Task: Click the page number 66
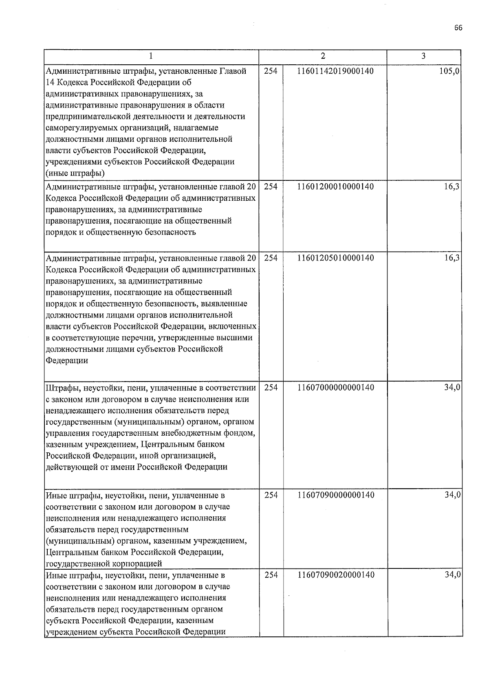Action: pos(458,28)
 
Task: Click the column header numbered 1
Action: pos(152,56)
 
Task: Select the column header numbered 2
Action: pos(323,56)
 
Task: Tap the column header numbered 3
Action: pos(423,56)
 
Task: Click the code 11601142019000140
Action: pos(336,71)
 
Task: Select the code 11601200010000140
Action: pos(336,187)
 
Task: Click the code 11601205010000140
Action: pos(336,258)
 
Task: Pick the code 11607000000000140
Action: pos(336,388)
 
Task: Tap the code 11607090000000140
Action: pos(336,495)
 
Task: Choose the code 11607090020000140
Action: pos(336,575)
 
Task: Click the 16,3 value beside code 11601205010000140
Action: pos(452,258)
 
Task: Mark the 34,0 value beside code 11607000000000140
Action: pos(452,388)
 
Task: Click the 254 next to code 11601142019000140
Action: pos(271,71)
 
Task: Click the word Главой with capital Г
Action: pos(233,71)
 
